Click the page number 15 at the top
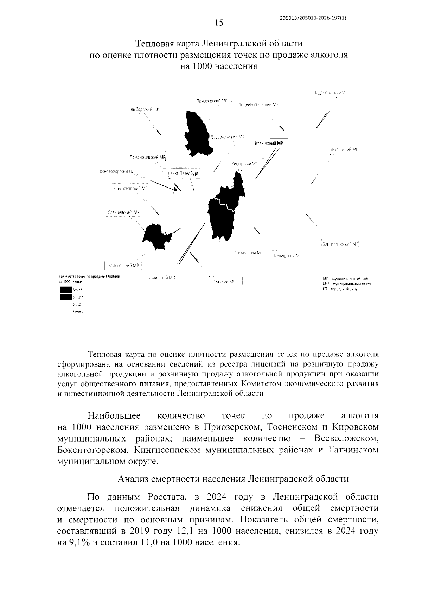point(219,23)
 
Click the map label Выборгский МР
point(144,110)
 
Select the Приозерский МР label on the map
point(211,101)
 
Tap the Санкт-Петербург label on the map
point(183,174)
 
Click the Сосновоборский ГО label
point(116,171)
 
